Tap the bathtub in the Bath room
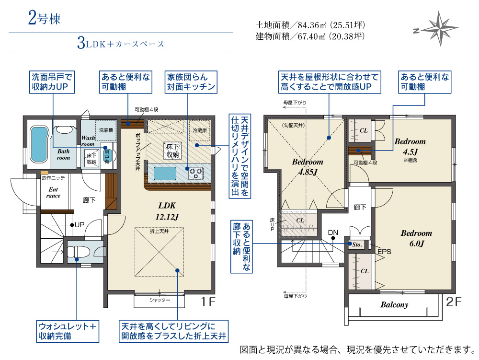[x=39, y=145]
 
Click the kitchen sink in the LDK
[x=165, y=174]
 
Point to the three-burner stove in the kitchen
[x=196, y=174]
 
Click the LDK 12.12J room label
[x=167, y=211]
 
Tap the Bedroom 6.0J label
[x=416, y=238]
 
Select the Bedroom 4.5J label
[x=410, y=146]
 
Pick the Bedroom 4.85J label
[x=308, y=167]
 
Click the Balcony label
[x=394, y=305]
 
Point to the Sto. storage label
[x=357, y=245]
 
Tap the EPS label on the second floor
[x=384, y=252]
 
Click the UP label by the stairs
[x=80, y=225]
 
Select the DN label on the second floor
[x=333, y=232]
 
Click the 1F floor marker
[x=208, y=302]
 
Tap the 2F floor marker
[x=454, y=302]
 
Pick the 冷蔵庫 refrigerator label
[x=200, y=130]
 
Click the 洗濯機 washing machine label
[x=106, y=130]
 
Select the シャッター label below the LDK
[x=160, y=300]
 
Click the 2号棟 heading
[x=44, y=18]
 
